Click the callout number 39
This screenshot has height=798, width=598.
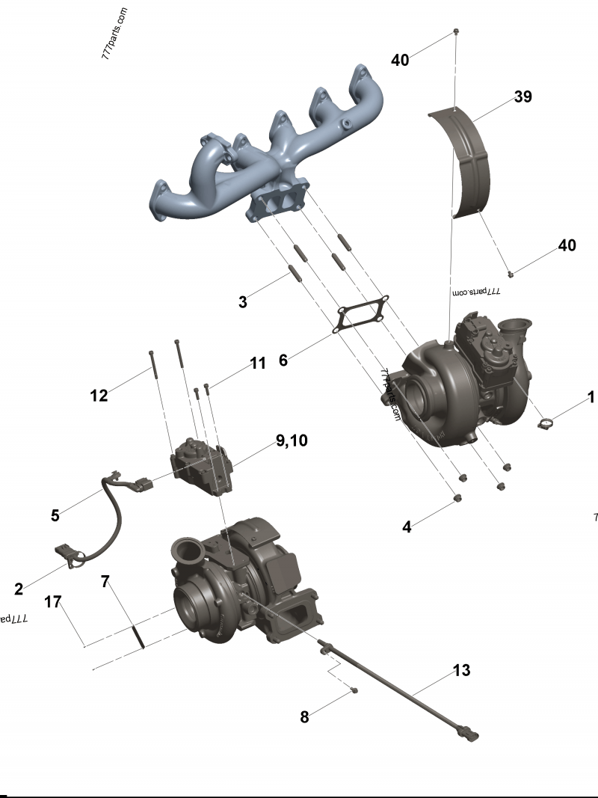(523, 96)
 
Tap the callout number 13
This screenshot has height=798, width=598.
(462, 670)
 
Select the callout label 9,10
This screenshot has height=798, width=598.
(292, 441)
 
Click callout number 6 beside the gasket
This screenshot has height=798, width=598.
(283, 360)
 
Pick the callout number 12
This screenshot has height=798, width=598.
(99, 395)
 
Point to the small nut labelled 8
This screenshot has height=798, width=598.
(354, 690)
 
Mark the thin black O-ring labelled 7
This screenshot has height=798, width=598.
(138, 636)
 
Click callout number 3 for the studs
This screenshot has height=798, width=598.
(242, 302)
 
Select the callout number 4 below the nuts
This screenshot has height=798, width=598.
(407, 527)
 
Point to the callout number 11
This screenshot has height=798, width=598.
(258, 363)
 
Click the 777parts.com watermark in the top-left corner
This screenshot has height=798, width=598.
(115, 34)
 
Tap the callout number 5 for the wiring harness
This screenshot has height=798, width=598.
(55, 515)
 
